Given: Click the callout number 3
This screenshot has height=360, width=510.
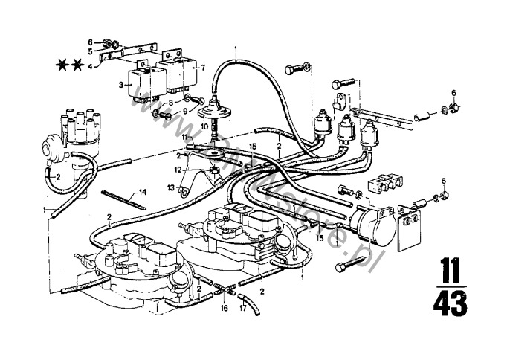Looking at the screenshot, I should click(x=120, y=86).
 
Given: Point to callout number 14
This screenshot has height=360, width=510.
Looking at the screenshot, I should click(x=143, y=192).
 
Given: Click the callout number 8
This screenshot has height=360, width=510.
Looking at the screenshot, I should click(x=170, y=103).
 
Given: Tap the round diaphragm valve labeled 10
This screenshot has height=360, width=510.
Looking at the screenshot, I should click(x=214, y=109).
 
